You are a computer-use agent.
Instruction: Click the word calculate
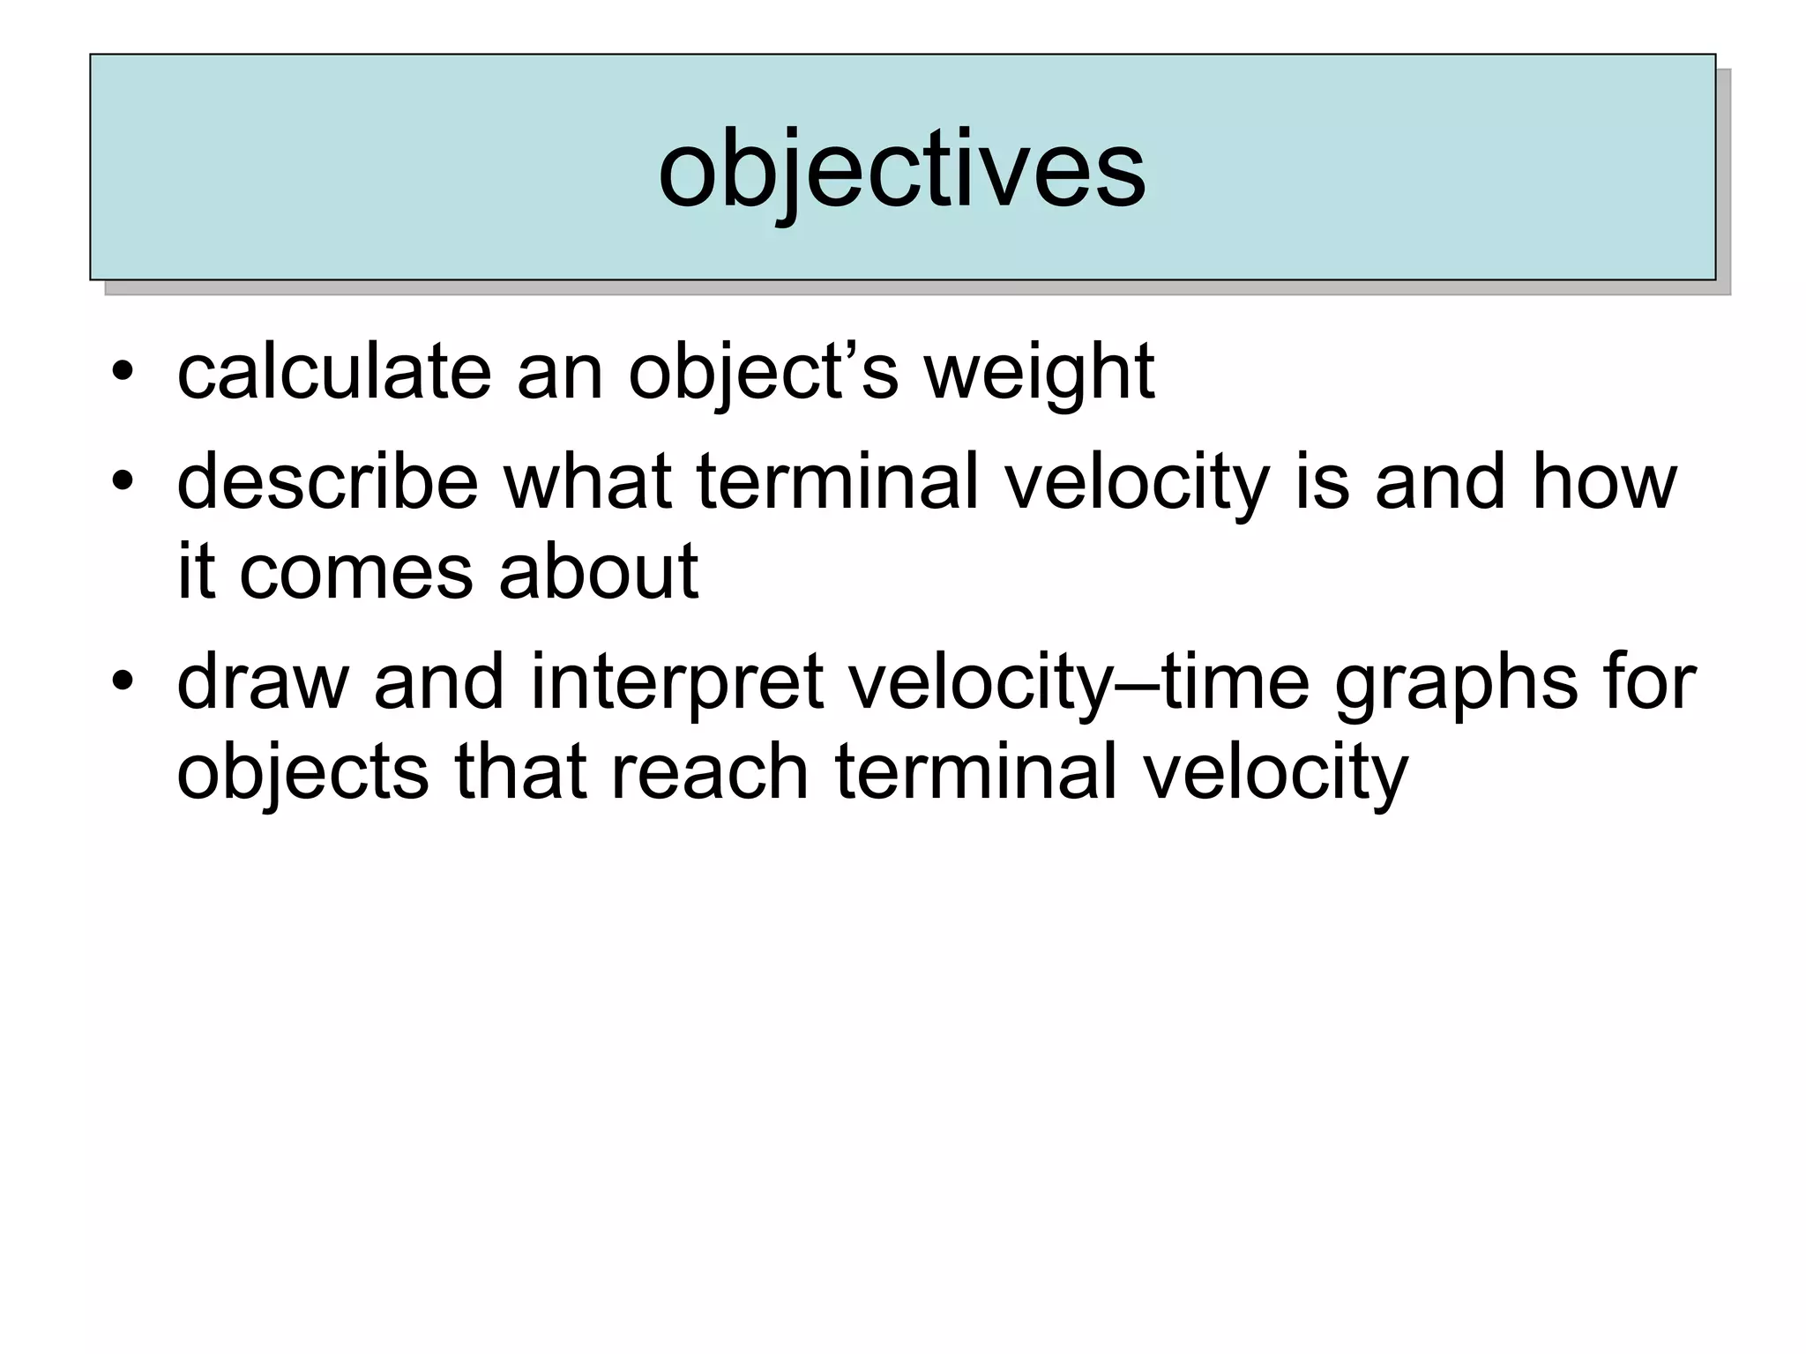point(334,373)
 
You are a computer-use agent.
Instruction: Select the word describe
point(327,482)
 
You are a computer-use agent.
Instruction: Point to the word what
point(587,482)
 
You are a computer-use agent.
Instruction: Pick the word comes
point(355,573)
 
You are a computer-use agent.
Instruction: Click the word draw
point(263,682)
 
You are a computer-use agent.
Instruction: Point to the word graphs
point(1456,684)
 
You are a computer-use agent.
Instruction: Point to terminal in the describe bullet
point(837,482)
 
